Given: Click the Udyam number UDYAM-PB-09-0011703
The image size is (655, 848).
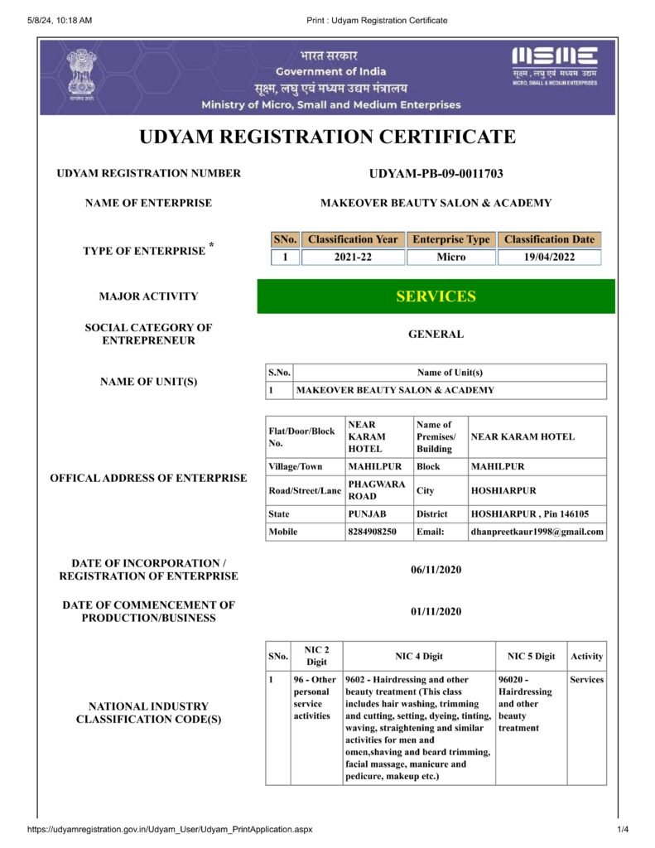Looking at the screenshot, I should coord(436,174).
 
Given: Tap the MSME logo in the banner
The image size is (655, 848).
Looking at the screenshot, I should coord(554,62).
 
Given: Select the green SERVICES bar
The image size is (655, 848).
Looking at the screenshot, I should coord(436,296).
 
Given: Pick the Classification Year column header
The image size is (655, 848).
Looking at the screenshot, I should coord(353,239).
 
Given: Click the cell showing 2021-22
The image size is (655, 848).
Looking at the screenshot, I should coord(353,258).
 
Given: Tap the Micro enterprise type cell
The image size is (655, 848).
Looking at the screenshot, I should coord(451,258).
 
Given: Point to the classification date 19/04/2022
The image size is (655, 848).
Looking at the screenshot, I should coord(549,258).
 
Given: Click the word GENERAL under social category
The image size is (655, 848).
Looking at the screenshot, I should coord(436,335).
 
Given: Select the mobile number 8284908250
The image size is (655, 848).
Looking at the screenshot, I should coord(373,532).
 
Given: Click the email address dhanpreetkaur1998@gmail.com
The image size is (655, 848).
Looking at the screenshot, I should coord(537,532).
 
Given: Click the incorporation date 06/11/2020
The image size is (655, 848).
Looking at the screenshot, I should coord(436,570).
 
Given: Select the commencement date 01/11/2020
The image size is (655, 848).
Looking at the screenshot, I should coord(436,612).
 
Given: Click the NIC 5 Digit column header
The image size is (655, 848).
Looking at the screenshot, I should coord(531,657).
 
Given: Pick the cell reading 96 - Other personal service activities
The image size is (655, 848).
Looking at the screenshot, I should coord(315,697).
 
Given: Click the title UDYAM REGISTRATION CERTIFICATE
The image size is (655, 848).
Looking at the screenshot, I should coord(327,137).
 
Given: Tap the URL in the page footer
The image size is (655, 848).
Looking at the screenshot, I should coord(170,829).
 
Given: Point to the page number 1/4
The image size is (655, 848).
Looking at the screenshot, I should coord(623,829).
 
